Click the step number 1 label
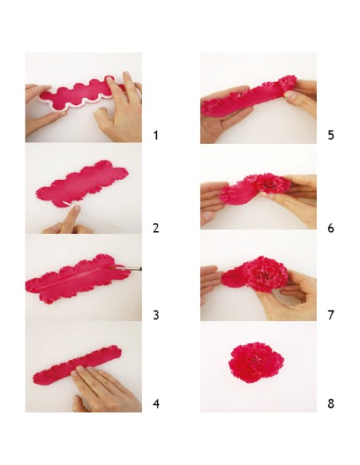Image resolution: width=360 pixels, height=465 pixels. pyautogui.click(x=155, y=135)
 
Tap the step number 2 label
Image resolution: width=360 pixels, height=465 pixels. pyautogui.click(x=155, y=228)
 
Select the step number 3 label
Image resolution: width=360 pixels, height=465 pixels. pyautogui.click(x=155, y=315)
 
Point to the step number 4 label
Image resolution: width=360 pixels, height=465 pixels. pyautogui.click(x=156, y=404)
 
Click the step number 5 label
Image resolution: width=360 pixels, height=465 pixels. pyautogui.click(x=331, y=135)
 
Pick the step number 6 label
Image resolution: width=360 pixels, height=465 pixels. pyautogui.click(x=331, y=228)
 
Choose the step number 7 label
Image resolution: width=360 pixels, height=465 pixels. pyautogui.click(x=331, y=315)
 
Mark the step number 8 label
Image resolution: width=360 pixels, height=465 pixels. pyautogui.click(x=331, y=404)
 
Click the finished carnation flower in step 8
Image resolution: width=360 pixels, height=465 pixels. pyautogui.click(x=256, y=362)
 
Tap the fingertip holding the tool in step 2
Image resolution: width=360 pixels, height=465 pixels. pyautogui.click(x=76, y=209)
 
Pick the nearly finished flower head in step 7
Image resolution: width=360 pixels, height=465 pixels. pyautogui.click(x=265, y=275)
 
